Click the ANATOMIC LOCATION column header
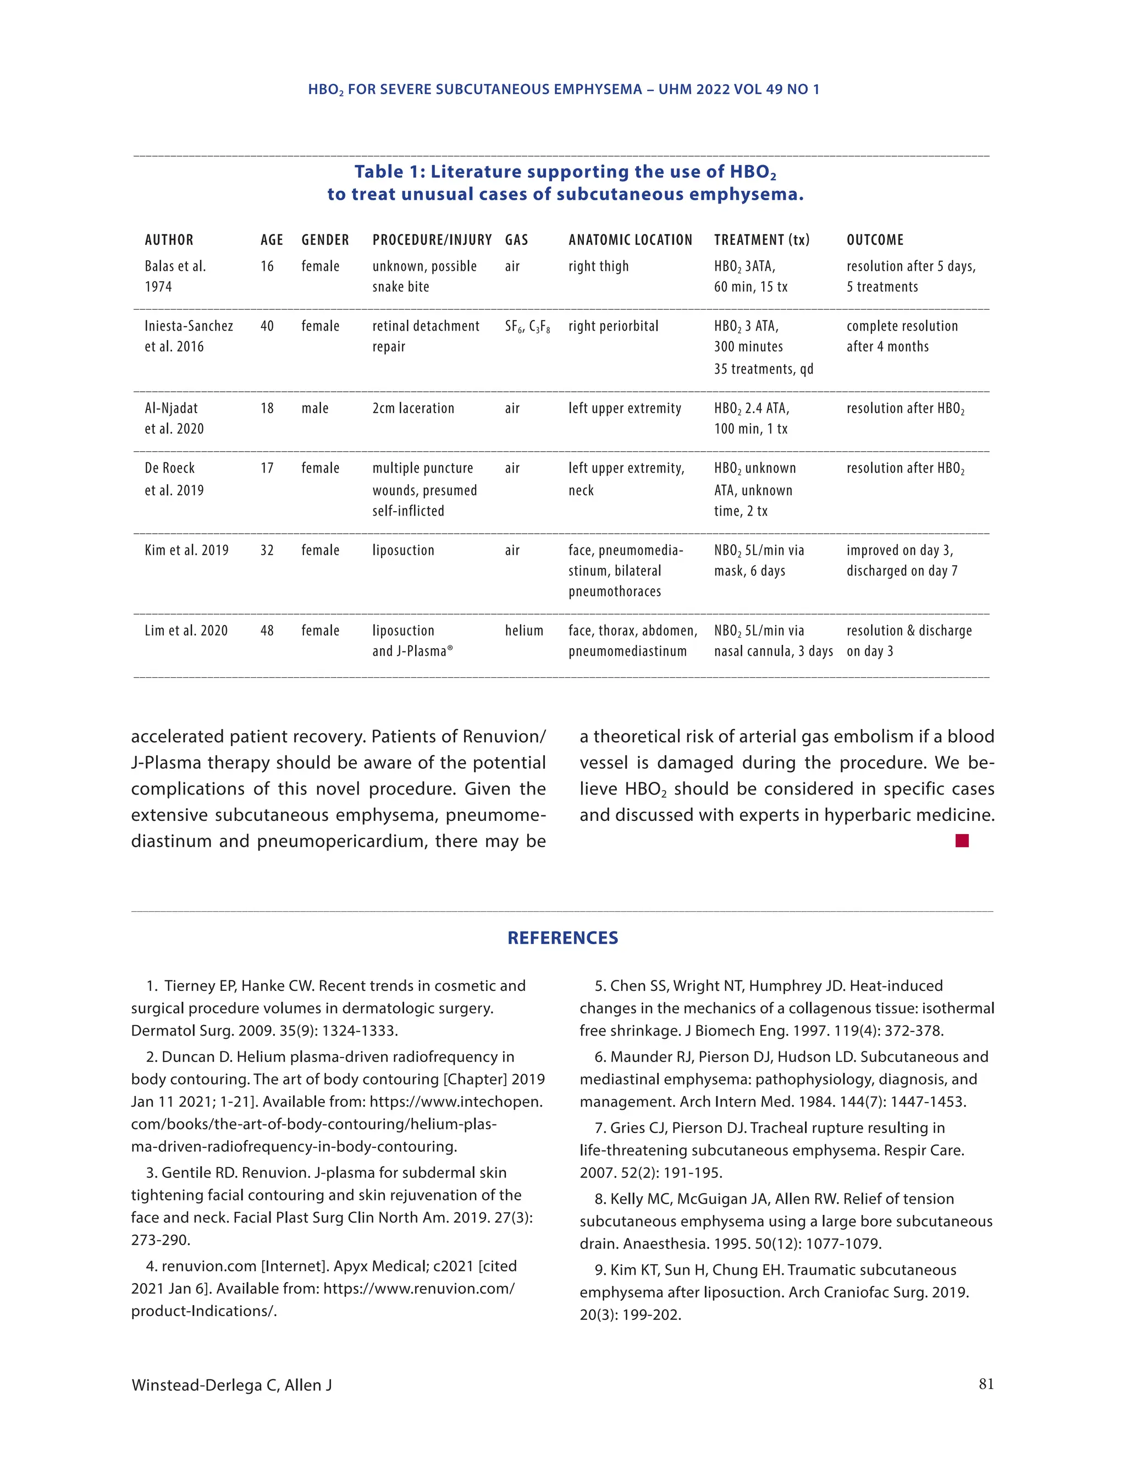point(630,240)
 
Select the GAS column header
point(516,240)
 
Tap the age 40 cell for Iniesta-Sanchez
point(267,326)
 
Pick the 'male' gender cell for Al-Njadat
point(314,409)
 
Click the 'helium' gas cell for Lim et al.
point(523,631)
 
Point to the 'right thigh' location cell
point(599,267)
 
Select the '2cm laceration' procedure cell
point(413,409)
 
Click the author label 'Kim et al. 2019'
point(186,551)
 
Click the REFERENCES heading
point(562,938)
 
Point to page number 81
point(985,1384)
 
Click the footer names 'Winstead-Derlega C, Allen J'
point(231,1385)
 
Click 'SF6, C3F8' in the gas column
point(527,327)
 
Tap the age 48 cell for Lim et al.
point(267,631)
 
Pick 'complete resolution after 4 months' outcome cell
point(901,336)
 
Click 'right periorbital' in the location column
point(613,326)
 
